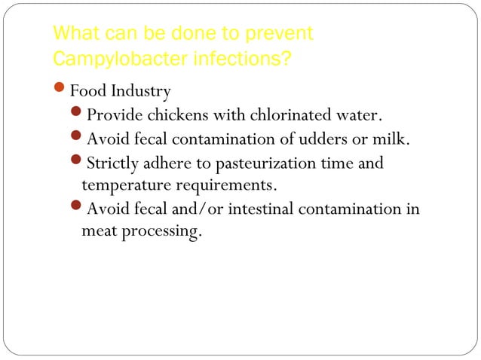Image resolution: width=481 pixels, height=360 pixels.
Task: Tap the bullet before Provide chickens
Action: pyautogui.click(x=78, y=116)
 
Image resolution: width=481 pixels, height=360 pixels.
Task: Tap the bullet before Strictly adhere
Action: pyautogui.click(x=78, y=163)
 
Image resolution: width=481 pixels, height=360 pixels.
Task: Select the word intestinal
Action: pyautogui.click(x=256, y=209)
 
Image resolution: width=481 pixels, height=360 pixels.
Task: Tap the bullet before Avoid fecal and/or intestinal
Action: pyautogui.click(x=78, y=209)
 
